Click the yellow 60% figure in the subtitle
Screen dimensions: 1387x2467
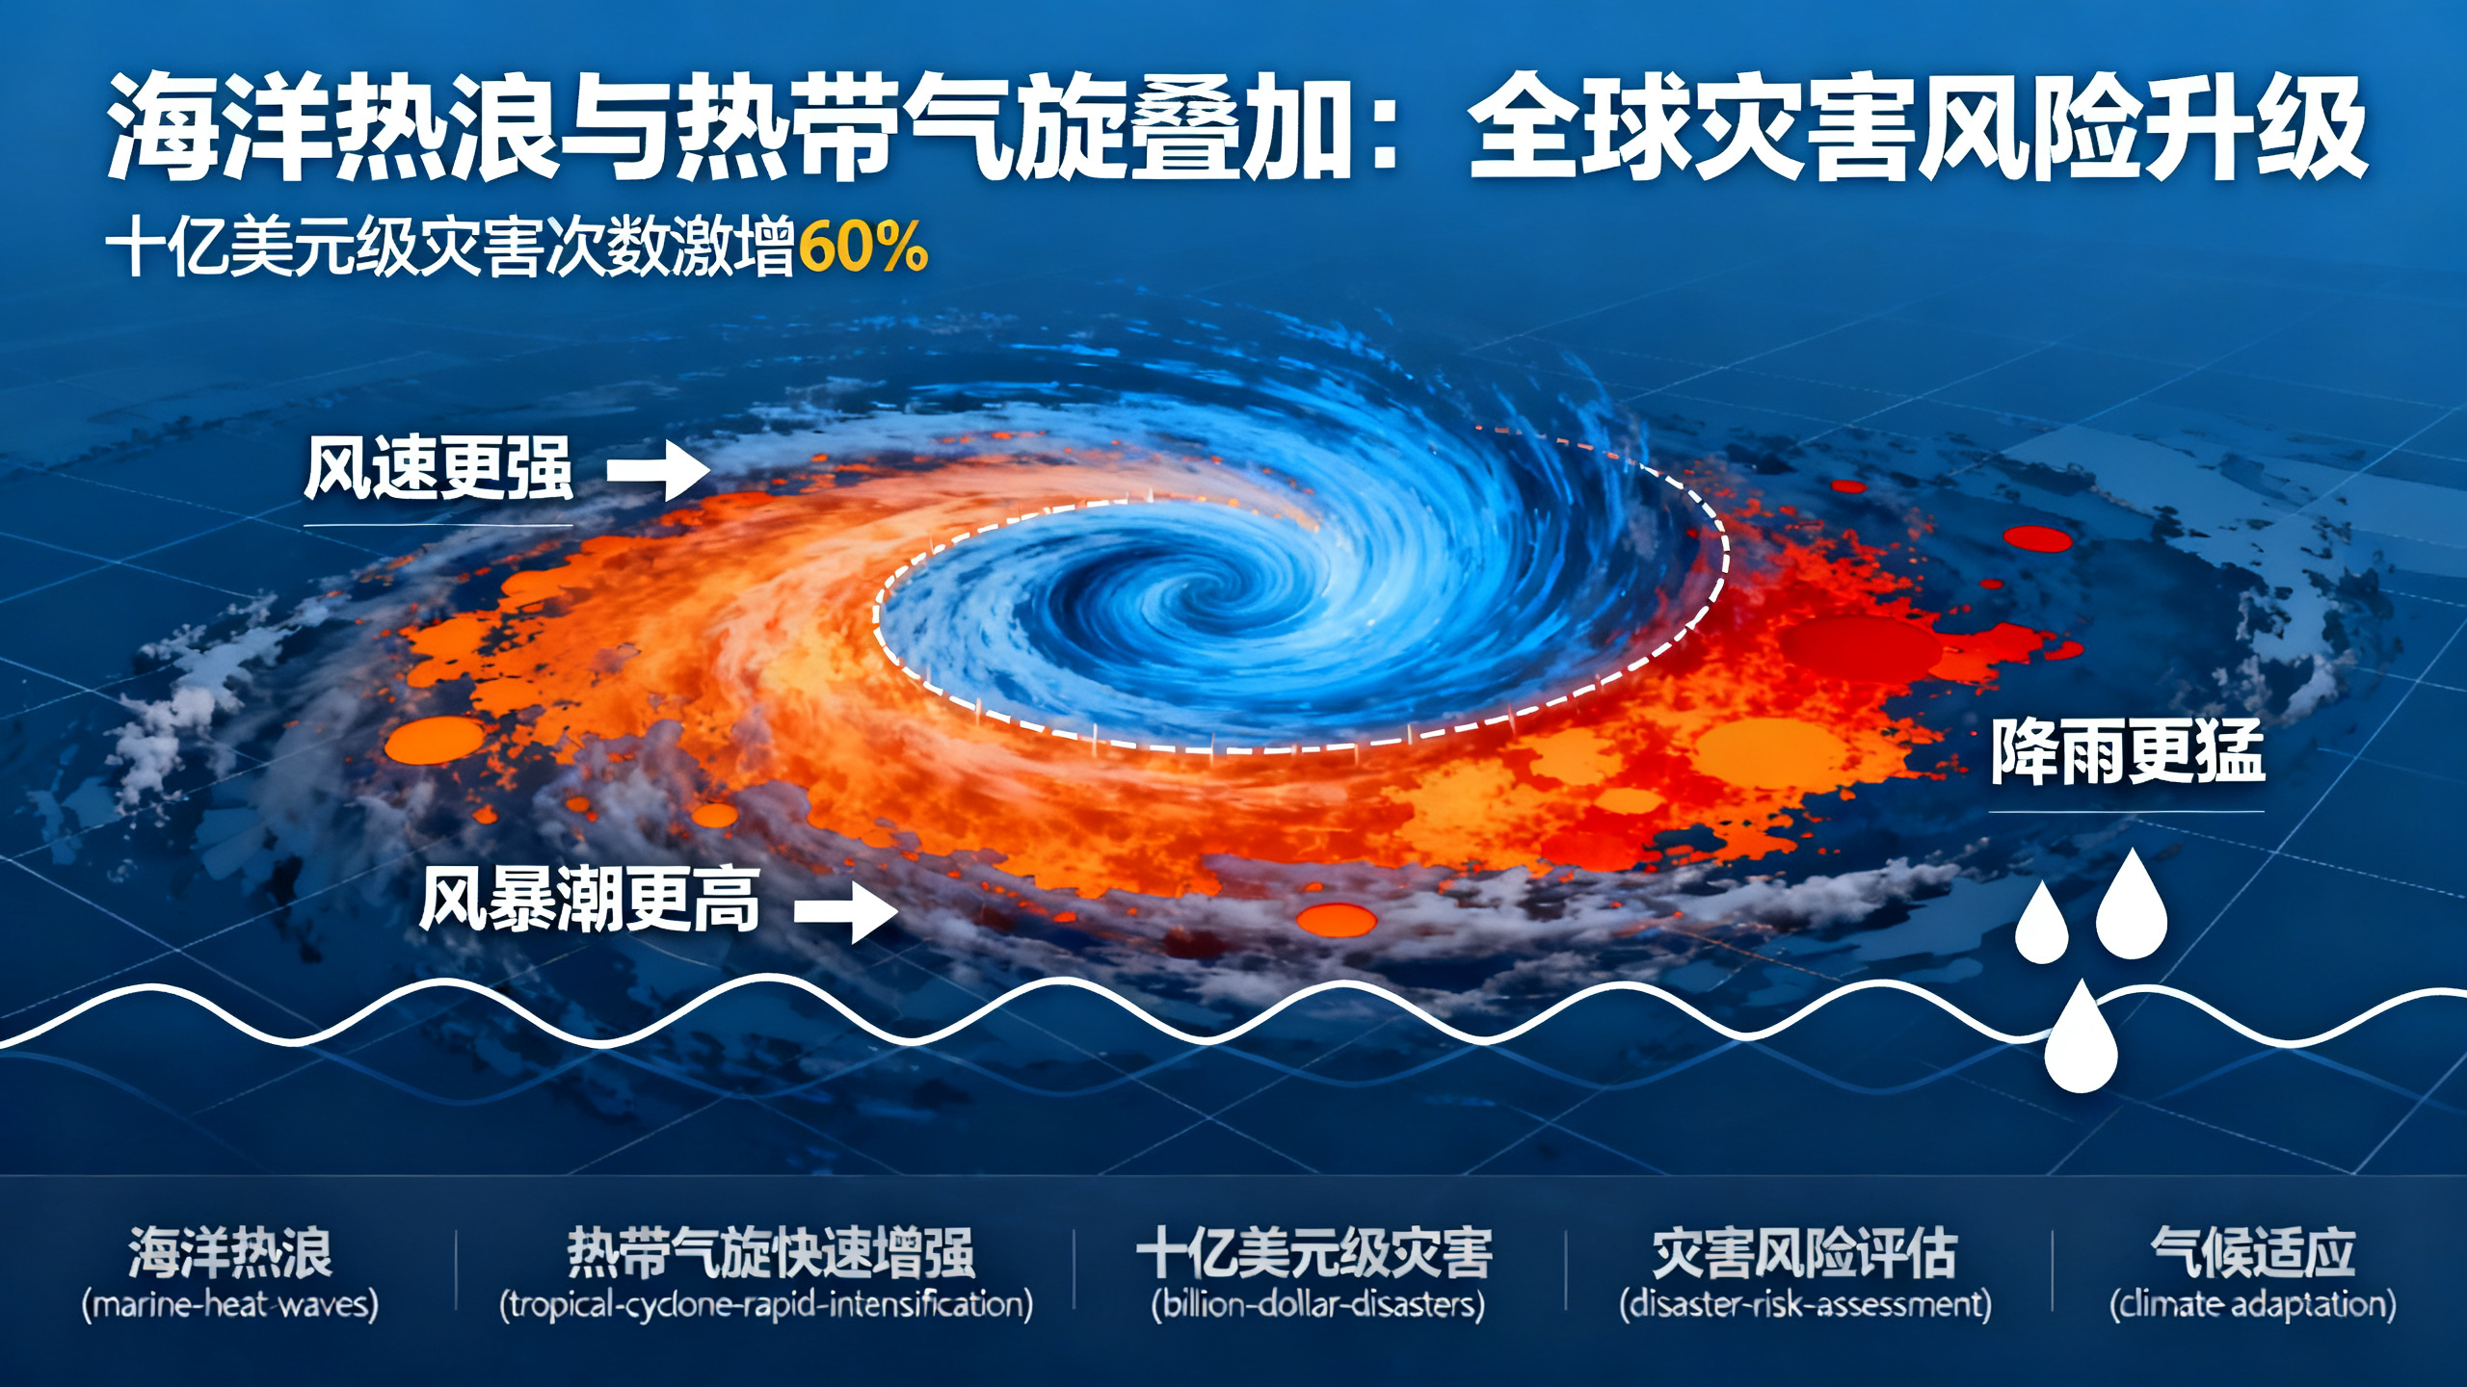pos(862,248)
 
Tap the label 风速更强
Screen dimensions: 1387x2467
pos(438,469)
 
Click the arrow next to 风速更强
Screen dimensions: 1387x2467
pos(659,471)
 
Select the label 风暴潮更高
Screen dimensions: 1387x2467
pos(590,901)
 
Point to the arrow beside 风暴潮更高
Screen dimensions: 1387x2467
pos(846,908)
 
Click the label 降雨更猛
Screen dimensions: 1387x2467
pos(2127,753)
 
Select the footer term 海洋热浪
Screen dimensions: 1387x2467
pos(230,1252)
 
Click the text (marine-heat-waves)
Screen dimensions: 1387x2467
pos(230,1305)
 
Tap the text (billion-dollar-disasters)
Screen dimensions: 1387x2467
pos(1317,1305)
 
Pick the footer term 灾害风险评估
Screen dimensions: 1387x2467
pos(1804,1252)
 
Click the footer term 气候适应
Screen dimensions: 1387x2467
pos(2253,1252)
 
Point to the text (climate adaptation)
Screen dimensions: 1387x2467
pos(2253,1305)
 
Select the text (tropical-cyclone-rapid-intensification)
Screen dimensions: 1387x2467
pos(766,1305)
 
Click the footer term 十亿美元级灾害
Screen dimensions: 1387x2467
pos(1315,1252)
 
